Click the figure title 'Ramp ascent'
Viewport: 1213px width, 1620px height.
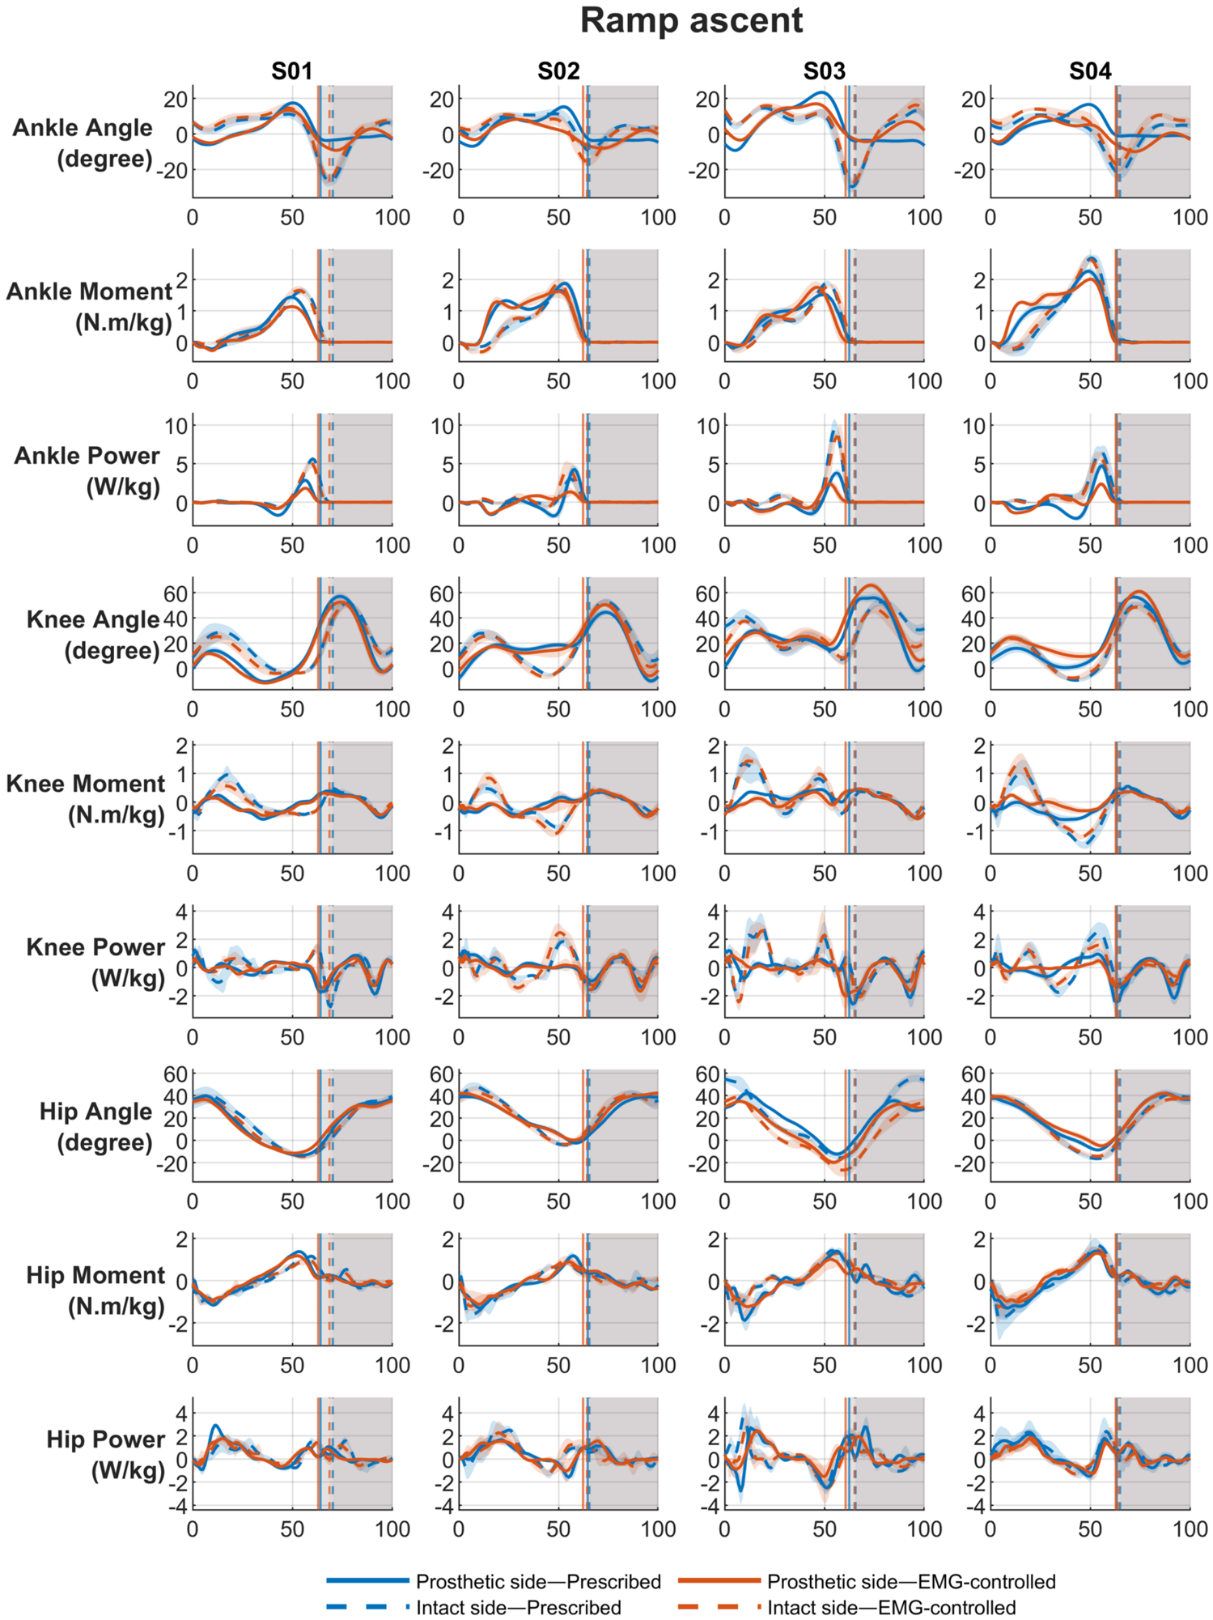pos(691,20)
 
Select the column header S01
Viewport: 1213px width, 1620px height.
pos(291,71)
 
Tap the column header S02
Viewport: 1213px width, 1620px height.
pos(558,71)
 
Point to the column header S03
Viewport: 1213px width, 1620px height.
pos(824,71)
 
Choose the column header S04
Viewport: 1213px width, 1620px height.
pos(1090,71)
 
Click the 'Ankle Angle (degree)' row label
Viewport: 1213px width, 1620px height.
pos(83,142)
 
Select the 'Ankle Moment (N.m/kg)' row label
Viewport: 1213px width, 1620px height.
pos(89,307)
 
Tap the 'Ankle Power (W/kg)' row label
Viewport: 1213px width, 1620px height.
pos(87,470)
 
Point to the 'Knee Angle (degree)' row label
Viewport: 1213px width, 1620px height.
pos(93,635)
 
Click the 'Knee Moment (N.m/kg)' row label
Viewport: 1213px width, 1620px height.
pos(86,799)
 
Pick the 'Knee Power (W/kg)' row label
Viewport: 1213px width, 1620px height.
pos(95,963)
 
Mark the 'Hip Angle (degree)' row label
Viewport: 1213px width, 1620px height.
pos(96,1127)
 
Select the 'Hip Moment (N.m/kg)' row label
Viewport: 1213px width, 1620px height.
pos(95,1290)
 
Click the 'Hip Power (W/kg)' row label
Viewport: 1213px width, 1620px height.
pos(105,1455)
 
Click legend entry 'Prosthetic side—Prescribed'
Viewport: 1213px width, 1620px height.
pos(538,1581)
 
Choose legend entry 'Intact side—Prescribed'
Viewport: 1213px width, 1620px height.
pos(519,1607)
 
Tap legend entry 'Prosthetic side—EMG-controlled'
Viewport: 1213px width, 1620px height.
pos(911,1581)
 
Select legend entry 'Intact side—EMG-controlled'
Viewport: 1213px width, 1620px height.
pos(892,1607)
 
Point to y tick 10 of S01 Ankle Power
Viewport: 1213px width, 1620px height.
pos(176,426)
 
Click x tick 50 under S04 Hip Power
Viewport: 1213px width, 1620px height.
pos(1090,1529)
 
